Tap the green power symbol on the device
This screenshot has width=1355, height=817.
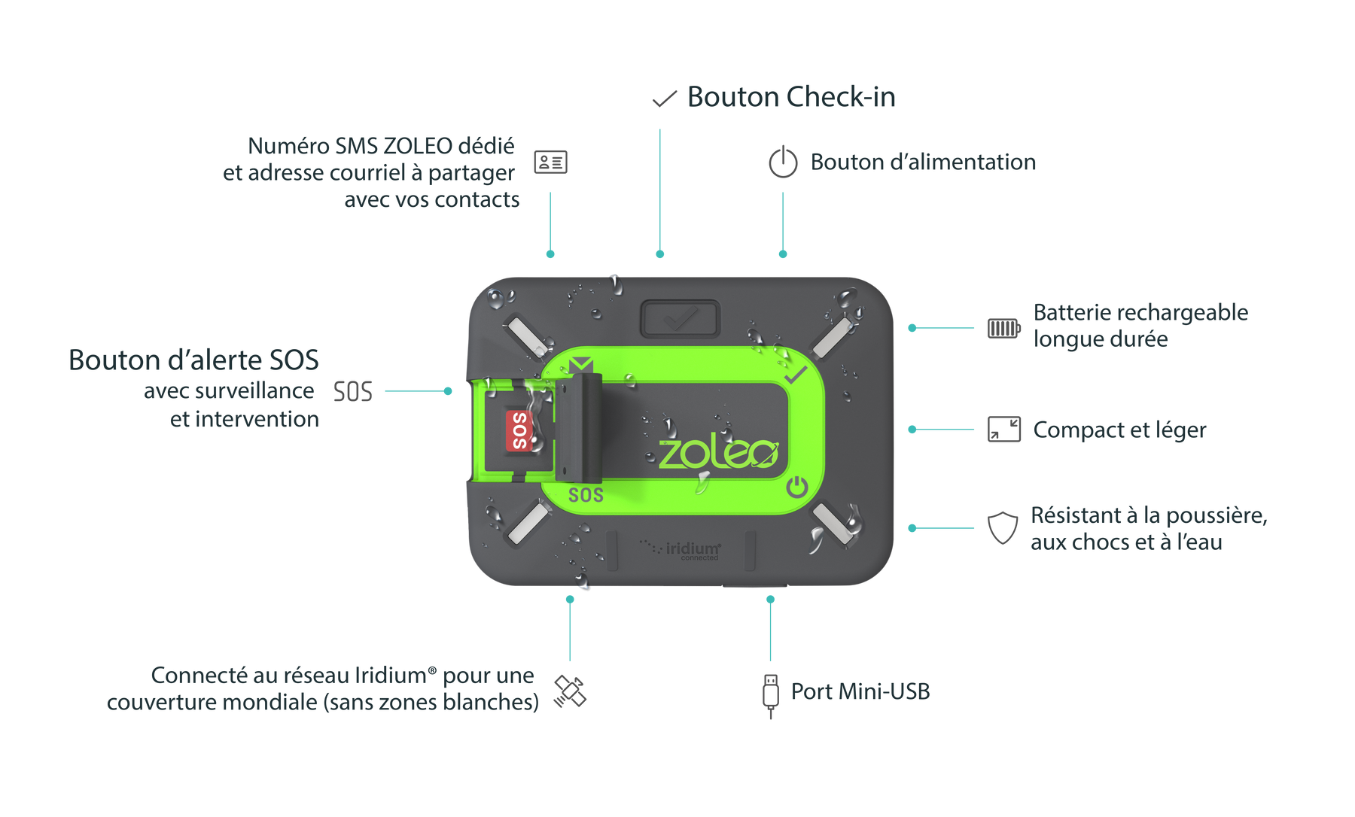pos(796,488)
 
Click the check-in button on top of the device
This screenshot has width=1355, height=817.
pos(681,319)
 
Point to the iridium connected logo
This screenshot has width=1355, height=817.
pos(681,549)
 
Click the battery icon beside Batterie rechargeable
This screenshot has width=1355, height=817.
pos(1003,329)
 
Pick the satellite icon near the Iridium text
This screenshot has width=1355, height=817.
pos(570,691)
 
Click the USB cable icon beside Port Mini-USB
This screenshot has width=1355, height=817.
pos(769,694)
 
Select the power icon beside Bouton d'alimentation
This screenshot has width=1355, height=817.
pos(783,162)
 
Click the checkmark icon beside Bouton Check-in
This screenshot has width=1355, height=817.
pos(664,99)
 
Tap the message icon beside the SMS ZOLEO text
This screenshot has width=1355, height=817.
pos(550,162)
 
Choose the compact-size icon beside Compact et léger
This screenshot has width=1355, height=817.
pos(1003,429)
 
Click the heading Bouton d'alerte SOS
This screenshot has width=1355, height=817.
pos(193,360)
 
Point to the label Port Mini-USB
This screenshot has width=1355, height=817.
pos(860,691)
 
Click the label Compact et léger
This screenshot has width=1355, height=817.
pos(1119,430)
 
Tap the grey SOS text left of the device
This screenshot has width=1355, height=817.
pos(353,391)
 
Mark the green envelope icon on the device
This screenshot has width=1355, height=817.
pos(581,365)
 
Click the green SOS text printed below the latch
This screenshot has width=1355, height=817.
pos(586,495)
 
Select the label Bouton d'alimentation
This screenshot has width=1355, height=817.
pos(923,162)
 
